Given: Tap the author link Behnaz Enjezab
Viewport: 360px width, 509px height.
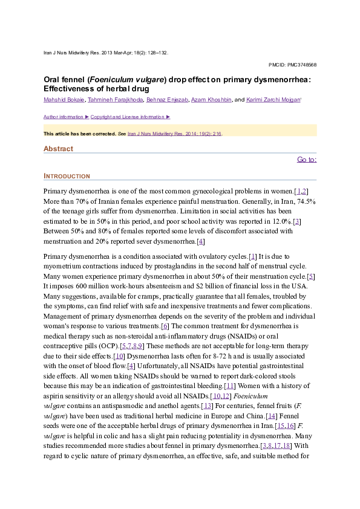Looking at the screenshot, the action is click(x=166, y=99).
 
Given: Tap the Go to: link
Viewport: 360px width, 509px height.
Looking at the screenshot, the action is click(x=307, y=160).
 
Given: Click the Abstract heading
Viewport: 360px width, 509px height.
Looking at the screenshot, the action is click(x=58, y=149).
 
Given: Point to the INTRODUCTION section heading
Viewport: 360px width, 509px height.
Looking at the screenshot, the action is click(x=67, y=177).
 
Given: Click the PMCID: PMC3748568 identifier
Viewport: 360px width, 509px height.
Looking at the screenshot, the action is click(x=292, y=65).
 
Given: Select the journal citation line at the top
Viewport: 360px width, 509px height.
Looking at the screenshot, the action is click(x=106, y=53).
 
